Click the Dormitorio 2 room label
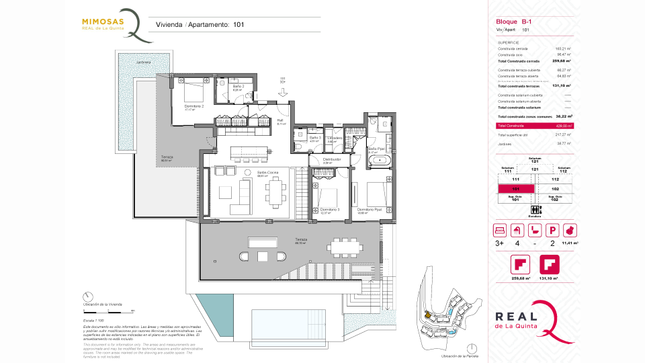click(194, 107)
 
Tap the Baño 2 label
click(238, 87)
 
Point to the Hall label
click(281, 121)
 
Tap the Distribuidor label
click(332, 160)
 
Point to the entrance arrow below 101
click(283, 93)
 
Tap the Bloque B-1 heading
click(511, 22)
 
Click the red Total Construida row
click(534, 126)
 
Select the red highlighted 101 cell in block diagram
click(515, 190)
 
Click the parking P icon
click(552, 229)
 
